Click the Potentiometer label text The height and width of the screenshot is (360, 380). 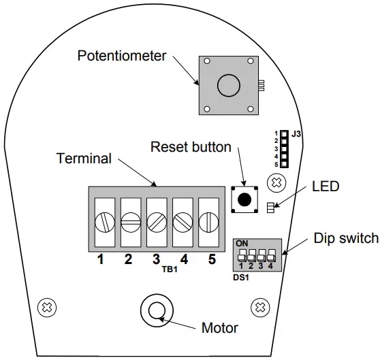click(x=122, y=55)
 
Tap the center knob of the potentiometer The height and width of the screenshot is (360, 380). click(x=227, y=86)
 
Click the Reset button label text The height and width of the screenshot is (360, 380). click(x=191, y=146)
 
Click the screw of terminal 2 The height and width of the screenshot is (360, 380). click(x=130, y=221)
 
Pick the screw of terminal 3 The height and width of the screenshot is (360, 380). click(x=156, y=221)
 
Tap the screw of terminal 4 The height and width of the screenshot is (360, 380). click(x=182, y=221)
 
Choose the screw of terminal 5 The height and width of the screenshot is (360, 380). click(x=208, y=221)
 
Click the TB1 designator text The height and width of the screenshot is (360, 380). click(x=170, y=269)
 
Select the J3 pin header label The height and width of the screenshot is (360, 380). click(x=296, y=134)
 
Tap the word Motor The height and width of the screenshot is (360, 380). click(x=219, y=328)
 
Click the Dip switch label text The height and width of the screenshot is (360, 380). click(x=346, y=238)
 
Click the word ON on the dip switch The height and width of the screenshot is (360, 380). click(x=242, y=243)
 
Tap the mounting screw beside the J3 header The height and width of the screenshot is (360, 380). click(x=275, y=182)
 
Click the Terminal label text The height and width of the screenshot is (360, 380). click(x=84, y=159)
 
